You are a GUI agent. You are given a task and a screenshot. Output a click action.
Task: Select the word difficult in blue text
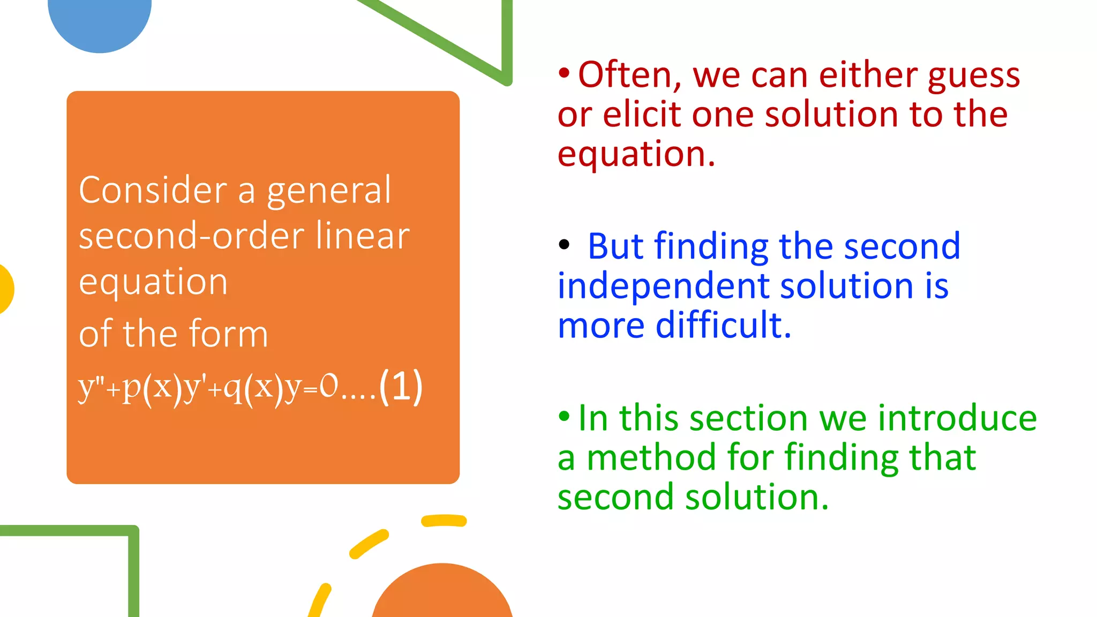click(723, 325)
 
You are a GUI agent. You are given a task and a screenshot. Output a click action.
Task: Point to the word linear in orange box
click(362, 236)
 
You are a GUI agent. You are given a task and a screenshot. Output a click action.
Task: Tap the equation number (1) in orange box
click(401, 387)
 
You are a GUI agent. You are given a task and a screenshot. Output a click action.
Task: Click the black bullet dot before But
click(564, 245)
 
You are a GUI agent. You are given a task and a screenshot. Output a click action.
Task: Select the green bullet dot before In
click(564, 416)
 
